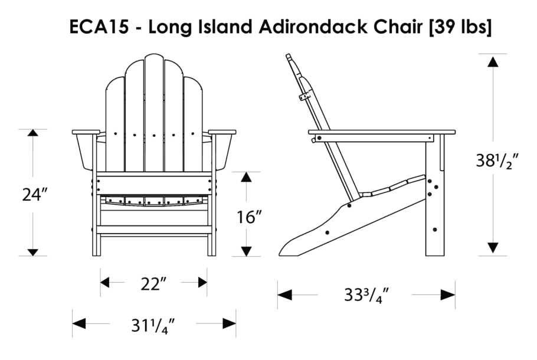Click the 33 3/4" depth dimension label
[366, 294]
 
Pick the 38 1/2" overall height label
[497, 161]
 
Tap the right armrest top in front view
[222, 132]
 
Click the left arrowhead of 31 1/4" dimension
[79, 323]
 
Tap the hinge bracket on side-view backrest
[305, 94]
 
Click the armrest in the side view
[384, 133]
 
